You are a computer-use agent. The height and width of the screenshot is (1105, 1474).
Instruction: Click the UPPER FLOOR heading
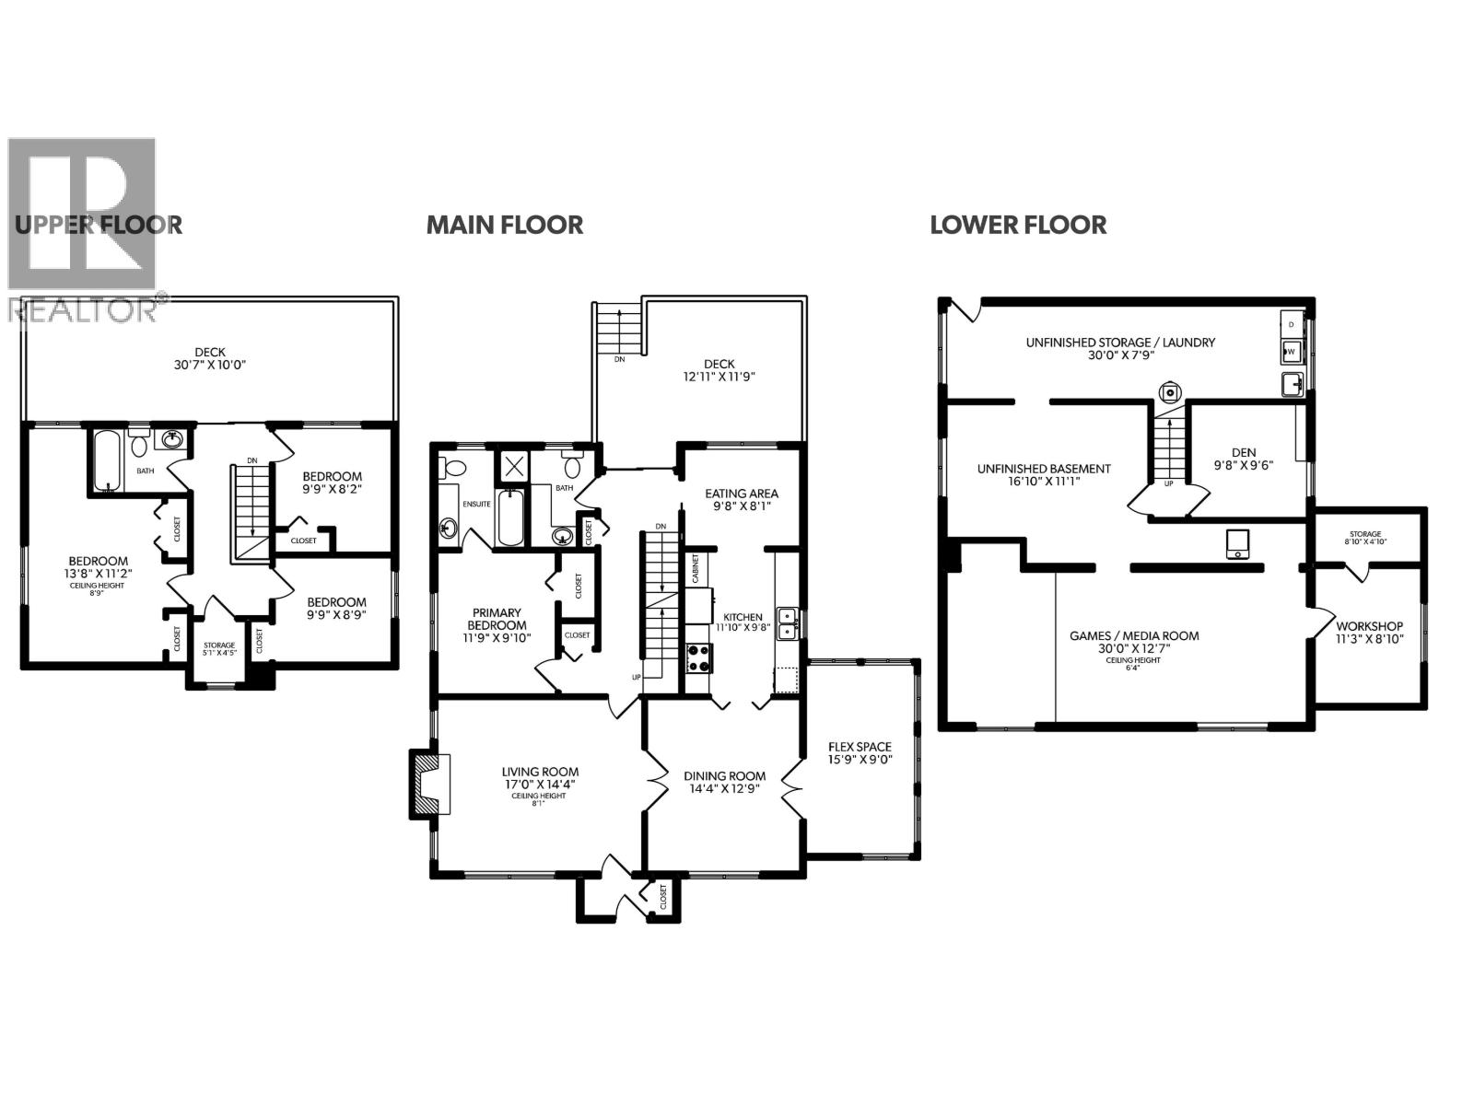98,225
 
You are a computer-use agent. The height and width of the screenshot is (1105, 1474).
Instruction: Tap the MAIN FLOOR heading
504,225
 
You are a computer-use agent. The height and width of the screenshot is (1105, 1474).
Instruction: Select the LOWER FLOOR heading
1018,225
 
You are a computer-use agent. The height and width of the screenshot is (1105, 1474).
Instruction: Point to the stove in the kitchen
698,657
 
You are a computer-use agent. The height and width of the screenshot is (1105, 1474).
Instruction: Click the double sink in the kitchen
787,623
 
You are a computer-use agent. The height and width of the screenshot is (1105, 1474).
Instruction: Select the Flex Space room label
860,747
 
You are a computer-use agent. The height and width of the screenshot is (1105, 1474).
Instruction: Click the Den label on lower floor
1243,452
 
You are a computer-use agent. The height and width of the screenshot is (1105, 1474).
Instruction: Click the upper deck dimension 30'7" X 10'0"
210,364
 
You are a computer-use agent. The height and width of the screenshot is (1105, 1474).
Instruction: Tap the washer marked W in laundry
1292,351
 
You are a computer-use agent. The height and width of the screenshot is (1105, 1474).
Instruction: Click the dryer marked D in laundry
1292,324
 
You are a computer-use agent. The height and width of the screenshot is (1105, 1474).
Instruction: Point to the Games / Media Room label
1134,635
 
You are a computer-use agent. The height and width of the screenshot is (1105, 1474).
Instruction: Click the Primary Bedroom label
497,619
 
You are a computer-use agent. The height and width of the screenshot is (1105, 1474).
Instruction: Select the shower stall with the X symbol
512,465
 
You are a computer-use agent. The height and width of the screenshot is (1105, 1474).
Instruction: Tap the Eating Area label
741,494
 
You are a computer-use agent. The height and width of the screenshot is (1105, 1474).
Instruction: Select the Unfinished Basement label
1044,469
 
